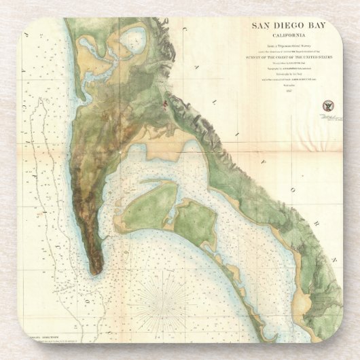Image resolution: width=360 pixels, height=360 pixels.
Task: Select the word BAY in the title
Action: coord(310,26)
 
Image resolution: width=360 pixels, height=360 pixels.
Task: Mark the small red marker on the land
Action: coord(164,103)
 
